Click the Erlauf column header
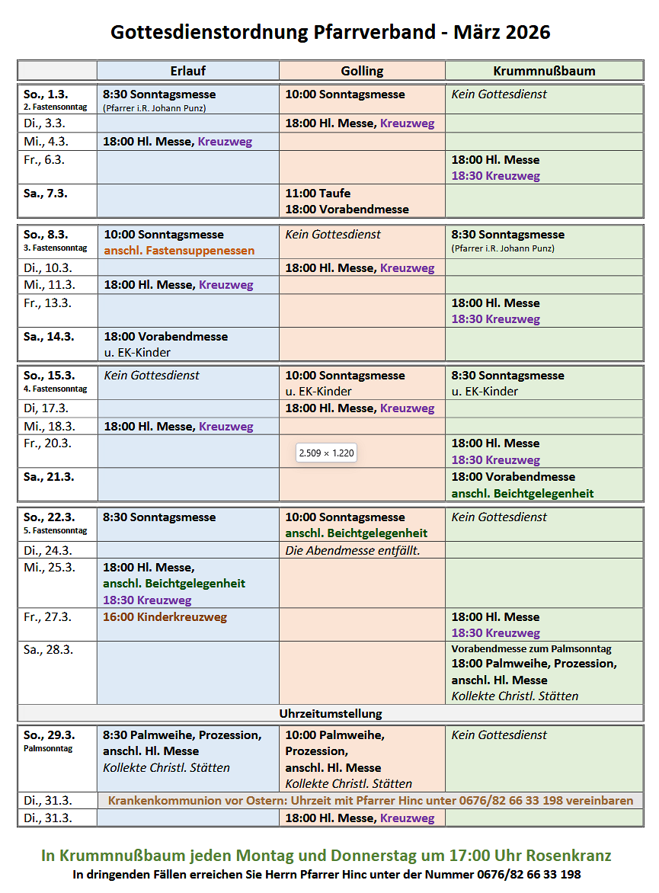[187, 71]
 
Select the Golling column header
[362, 71]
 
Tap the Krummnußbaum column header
[544, 71]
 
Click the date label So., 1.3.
[46, 94]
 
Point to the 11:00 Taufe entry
[318, 193]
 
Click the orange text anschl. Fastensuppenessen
[179, 251]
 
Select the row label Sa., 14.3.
[49, 336]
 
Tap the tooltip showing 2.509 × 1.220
[326, 453]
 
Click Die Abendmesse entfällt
[353, 550]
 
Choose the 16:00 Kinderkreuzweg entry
[165, 616]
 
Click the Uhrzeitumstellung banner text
[331, 714]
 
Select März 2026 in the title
[501, 32]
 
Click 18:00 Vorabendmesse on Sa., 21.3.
[513, 476]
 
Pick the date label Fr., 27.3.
[47, 616]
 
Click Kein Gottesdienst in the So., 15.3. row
[152, 375]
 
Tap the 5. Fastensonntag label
[55, 530]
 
